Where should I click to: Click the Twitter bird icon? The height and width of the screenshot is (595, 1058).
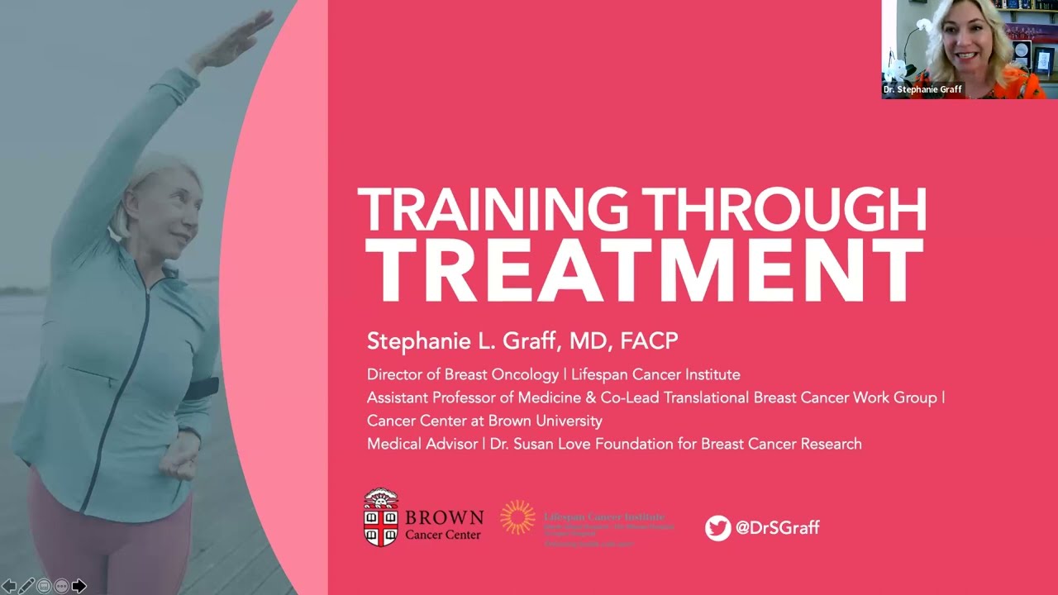coord(717,528)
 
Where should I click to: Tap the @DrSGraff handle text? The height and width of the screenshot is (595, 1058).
coord(777,528)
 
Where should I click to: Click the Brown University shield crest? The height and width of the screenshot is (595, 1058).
coord(381,517)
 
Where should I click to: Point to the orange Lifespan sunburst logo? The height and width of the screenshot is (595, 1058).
coord(517,517)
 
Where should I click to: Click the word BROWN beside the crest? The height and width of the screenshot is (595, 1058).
coord(444,518)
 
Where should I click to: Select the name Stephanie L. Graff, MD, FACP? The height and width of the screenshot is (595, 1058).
coord(522,341)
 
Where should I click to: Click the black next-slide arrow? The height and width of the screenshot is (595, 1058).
coord(79,586)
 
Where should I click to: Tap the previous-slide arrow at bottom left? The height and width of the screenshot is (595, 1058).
coord(10,586)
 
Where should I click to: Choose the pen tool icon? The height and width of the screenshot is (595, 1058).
coord(27,586)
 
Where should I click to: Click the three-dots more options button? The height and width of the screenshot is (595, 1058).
coord(61,586)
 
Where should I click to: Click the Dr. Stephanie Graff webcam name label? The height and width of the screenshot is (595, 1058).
coord(923,89)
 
